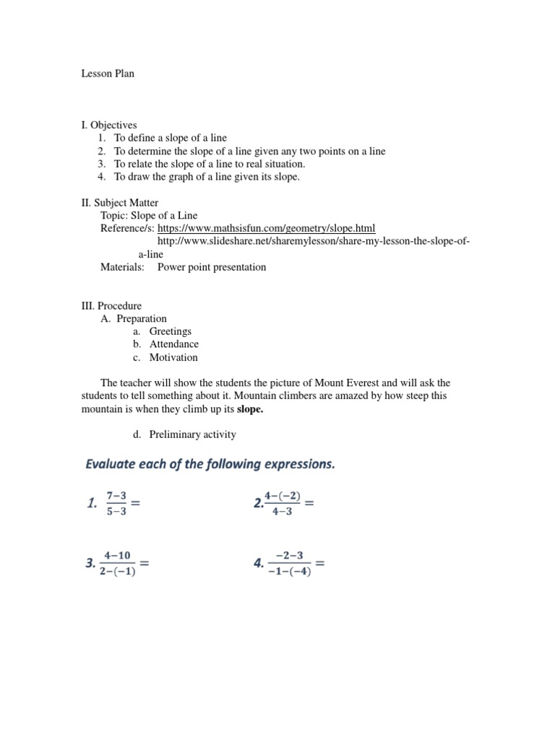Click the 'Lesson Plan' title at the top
coord(107,74)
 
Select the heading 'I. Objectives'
coord(108,125)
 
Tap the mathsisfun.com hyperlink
coord(266,228)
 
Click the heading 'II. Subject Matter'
coord(119,203)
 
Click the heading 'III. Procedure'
coord(111,306)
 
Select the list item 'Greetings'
coord(170,331)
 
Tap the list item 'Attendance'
coord(173,344)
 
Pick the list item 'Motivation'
coord(173,357)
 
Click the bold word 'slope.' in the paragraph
coord(250,408)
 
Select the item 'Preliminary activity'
coord(192,434)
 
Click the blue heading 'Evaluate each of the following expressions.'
coord(210,465)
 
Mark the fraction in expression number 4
coord(289,564)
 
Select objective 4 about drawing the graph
coord(206,177)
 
